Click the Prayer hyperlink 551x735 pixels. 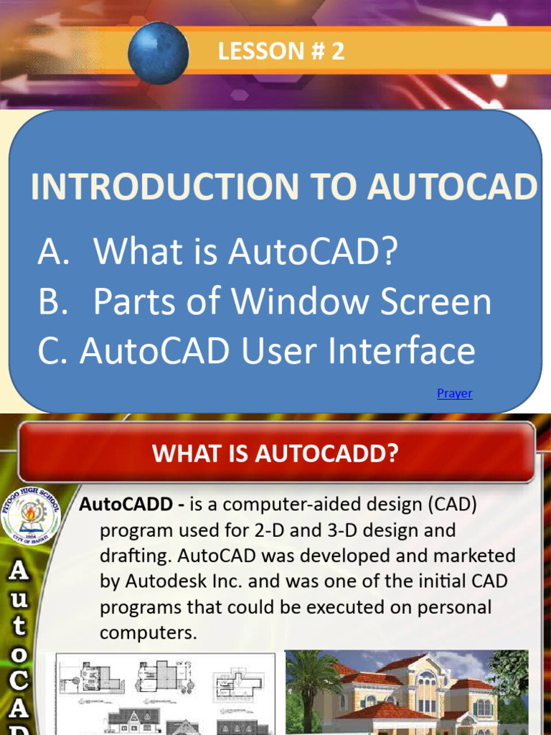pyautogui.click(x=454, y=393)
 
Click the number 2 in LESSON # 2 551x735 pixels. pyautogui.click(x=338, y=52)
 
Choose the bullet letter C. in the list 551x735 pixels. pyautogui.click(x=51, y=352)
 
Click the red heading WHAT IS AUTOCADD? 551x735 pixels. pyautogui.click(x=275, y=454)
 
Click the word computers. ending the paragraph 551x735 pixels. pyautogui.click(x=148, y=633)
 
